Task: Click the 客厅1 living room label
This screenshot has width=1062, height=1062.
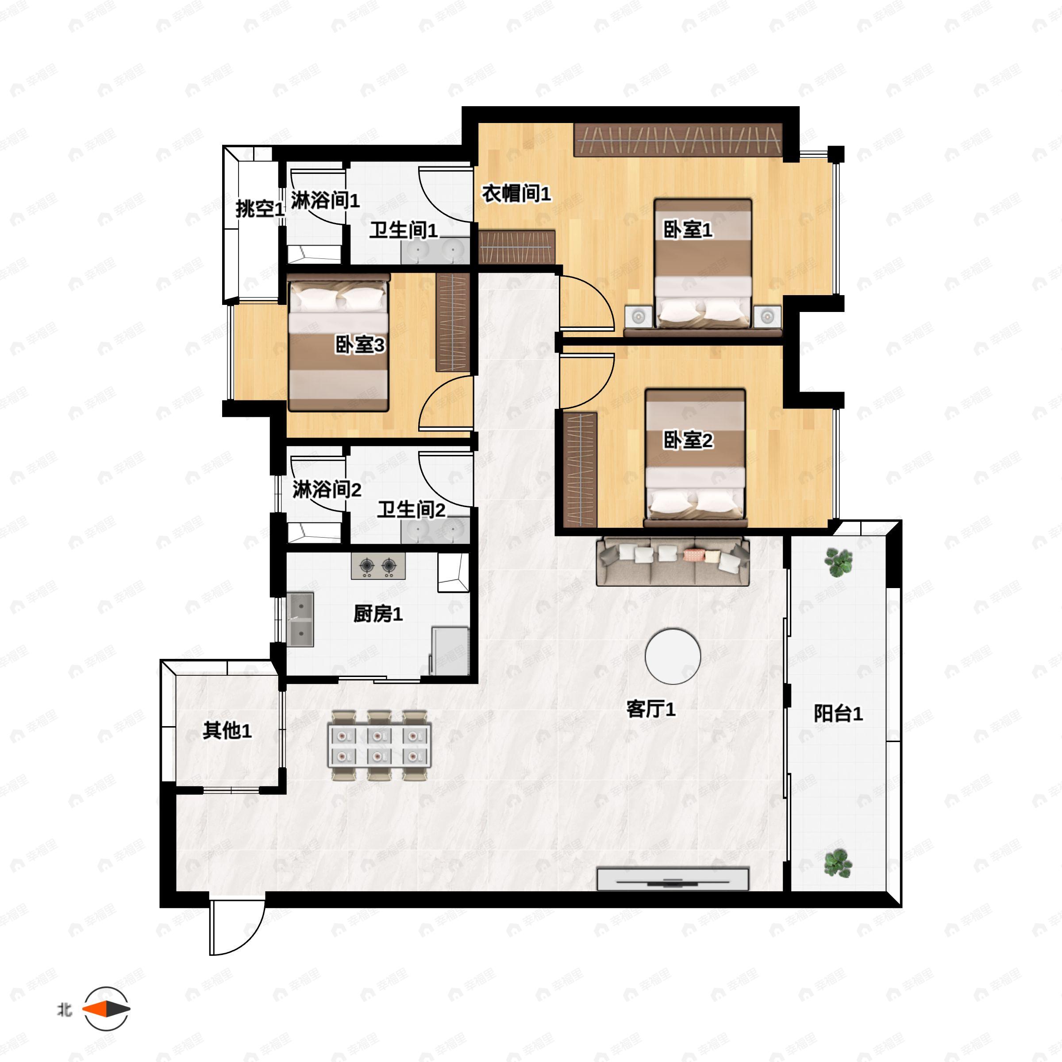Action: tap(651, 709)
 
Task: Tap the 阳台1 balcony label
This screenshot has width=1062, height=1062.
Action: tap(838, 713)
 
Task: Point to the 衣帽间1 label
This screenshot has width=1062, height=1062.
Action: tap(516, 193)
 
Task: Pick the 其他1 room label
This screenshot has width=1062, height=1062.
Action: tap(227, 731)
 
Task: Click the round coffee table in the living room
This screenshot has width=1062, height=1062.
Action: tap(672, 656)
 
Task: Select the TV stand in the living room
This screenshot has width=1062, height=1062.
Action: tap(672, 878)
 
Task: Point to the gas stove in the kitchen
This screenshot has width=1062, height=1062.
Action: tap(378, 566)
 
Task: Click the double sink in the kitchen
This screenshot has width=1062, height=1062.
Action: tap(300, 619)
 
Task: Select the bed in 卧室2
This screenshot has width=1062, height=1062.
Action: tap(695, 456)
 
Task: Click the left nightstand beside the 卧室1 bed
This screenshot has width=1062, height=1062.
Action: tap(638, 317)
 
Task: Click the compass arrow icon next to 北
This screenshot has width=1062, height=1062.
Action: tap(107, 1009)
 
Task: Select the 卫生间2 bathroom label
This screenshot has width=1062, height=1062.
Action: tap(411, 510)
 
